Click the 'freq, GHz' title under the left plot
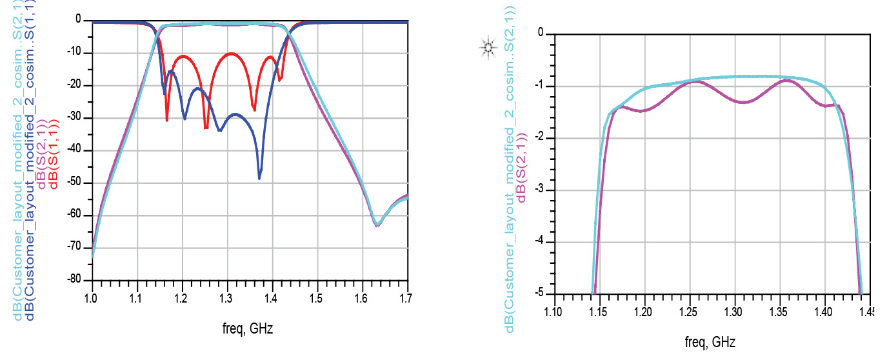247,328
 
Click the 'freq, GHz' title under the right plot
709,342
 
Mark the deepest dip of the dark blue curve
259,178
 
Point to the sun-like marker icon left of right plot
488,46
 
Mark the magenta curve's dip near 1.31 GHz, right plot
743,102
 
